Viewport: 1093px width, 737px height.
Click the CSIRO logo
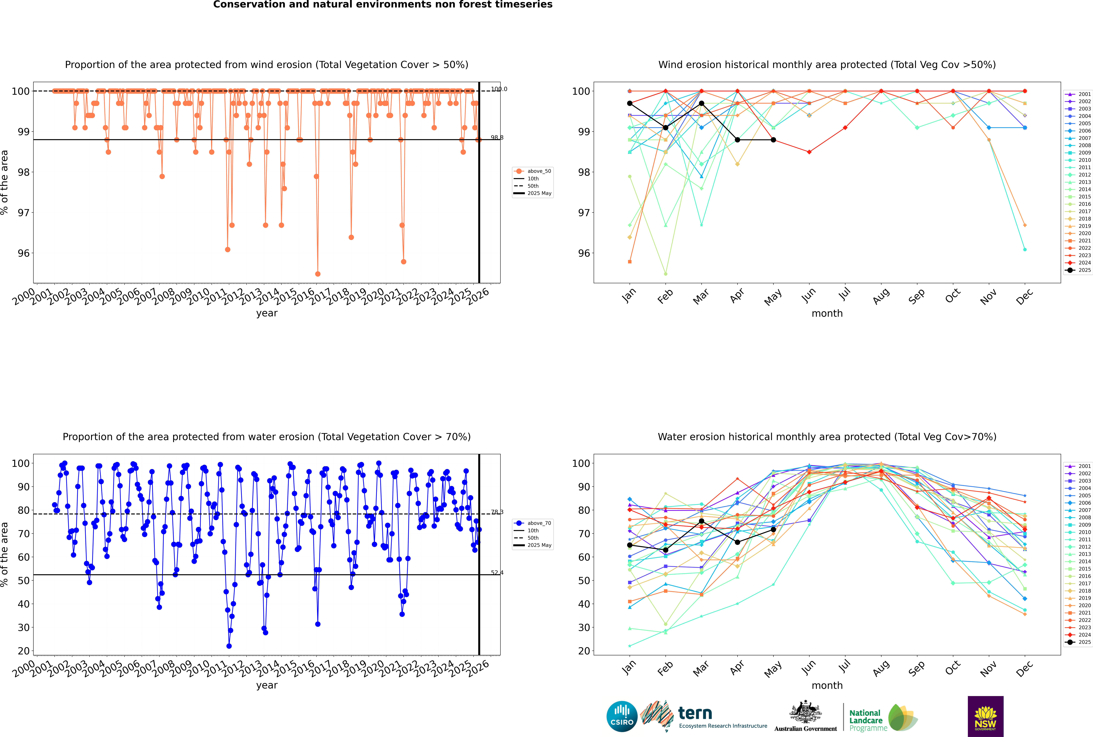click(x=622, y=717)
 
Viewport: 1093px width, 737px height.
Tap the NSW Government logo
click(x=985, y=716)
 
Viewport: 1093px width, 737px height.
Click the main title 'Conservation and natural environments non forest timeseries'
click(x=382, y=5)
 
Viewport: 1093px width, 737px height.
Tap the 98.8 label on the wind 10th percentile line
click(x=497, y=138)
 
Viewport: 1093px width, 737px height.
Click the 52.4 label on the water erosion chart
click(x=497, y=573)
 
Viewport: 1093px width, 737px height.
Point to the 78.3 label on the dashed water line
click(x=497, y=512)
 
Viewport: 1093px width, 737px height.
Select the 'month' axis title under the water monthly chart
click(x=827, y=685)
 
